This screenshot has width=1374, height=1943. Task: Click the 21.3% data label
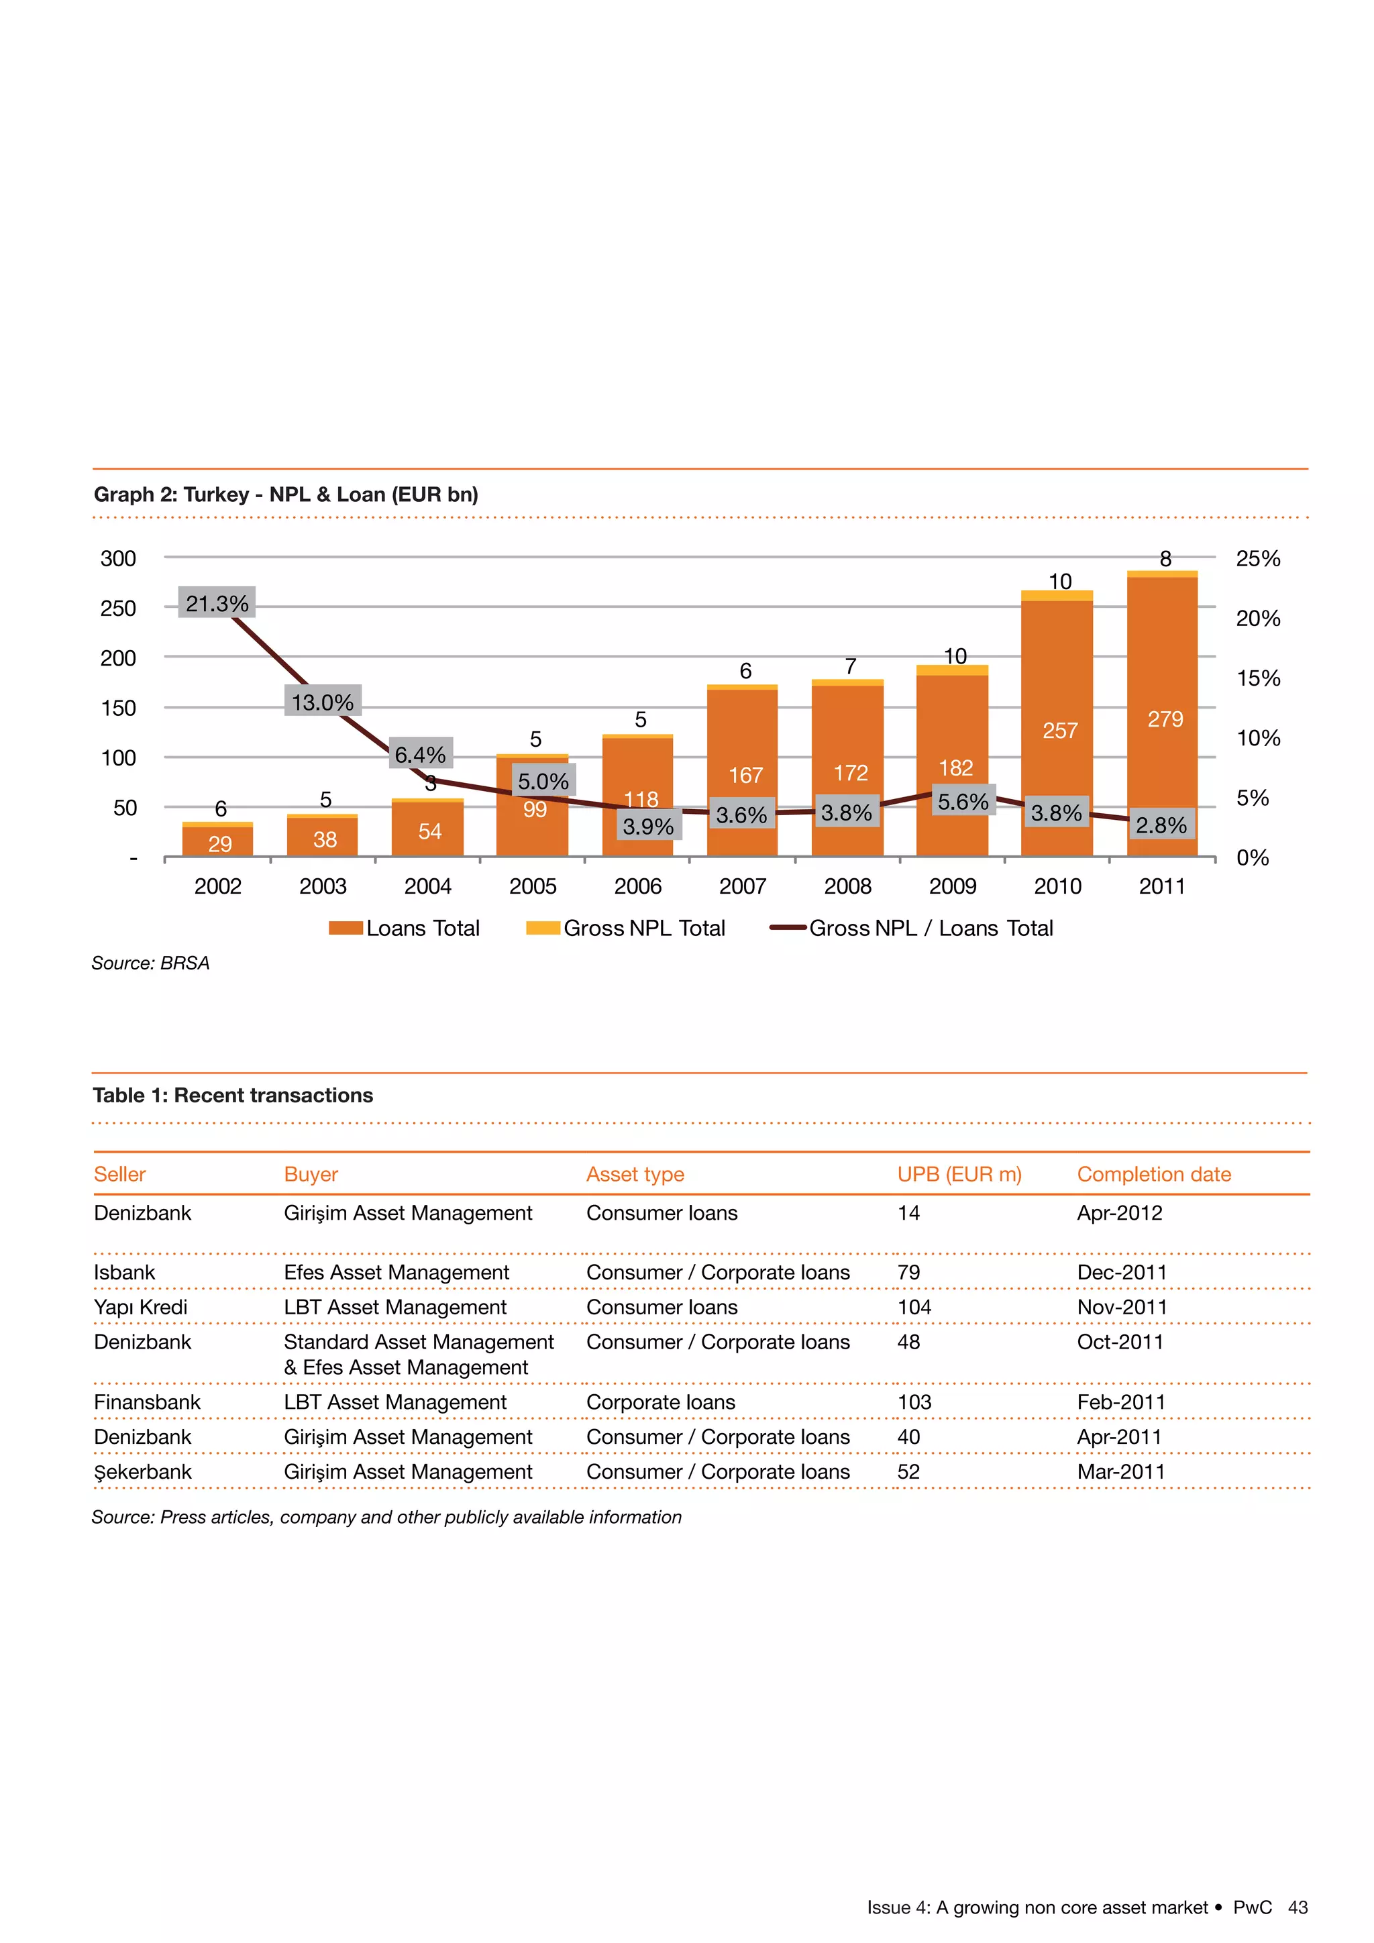click(x=217, y=602)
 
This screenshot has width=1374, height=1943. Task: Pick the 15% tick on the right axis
click(x=1257, y=678)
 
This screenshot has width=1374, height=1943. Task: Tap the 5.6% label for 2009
click(x=962, y=800)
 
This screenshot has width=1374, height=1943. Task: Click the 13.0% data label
click(x=322, y=702)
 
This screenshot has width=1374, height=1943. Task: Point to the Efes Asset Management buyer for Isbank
click(x=396, y=1272)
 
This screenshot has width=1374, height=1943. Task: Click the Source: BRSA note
click(x=150, y=963)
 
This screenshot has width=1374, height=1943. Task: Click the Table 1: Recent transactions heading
click(x=233, y=1095)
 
